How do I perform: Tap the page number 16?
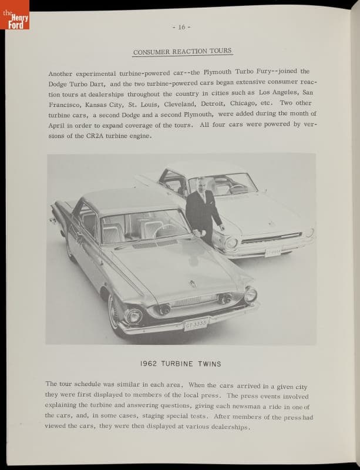[x=181, y=27]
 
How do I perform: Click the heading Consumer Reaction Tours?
[x=182, y=52]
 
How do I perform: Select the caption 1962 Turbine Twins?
[x=181, y=364]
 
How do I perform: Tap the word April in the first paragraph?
[x=57, y=126]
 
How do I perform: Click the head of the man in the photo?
[x=202, y=183]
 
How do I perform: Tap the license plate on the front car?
[x=196, y=324]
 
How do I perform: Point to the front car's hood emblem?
[x=192, y=284]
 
